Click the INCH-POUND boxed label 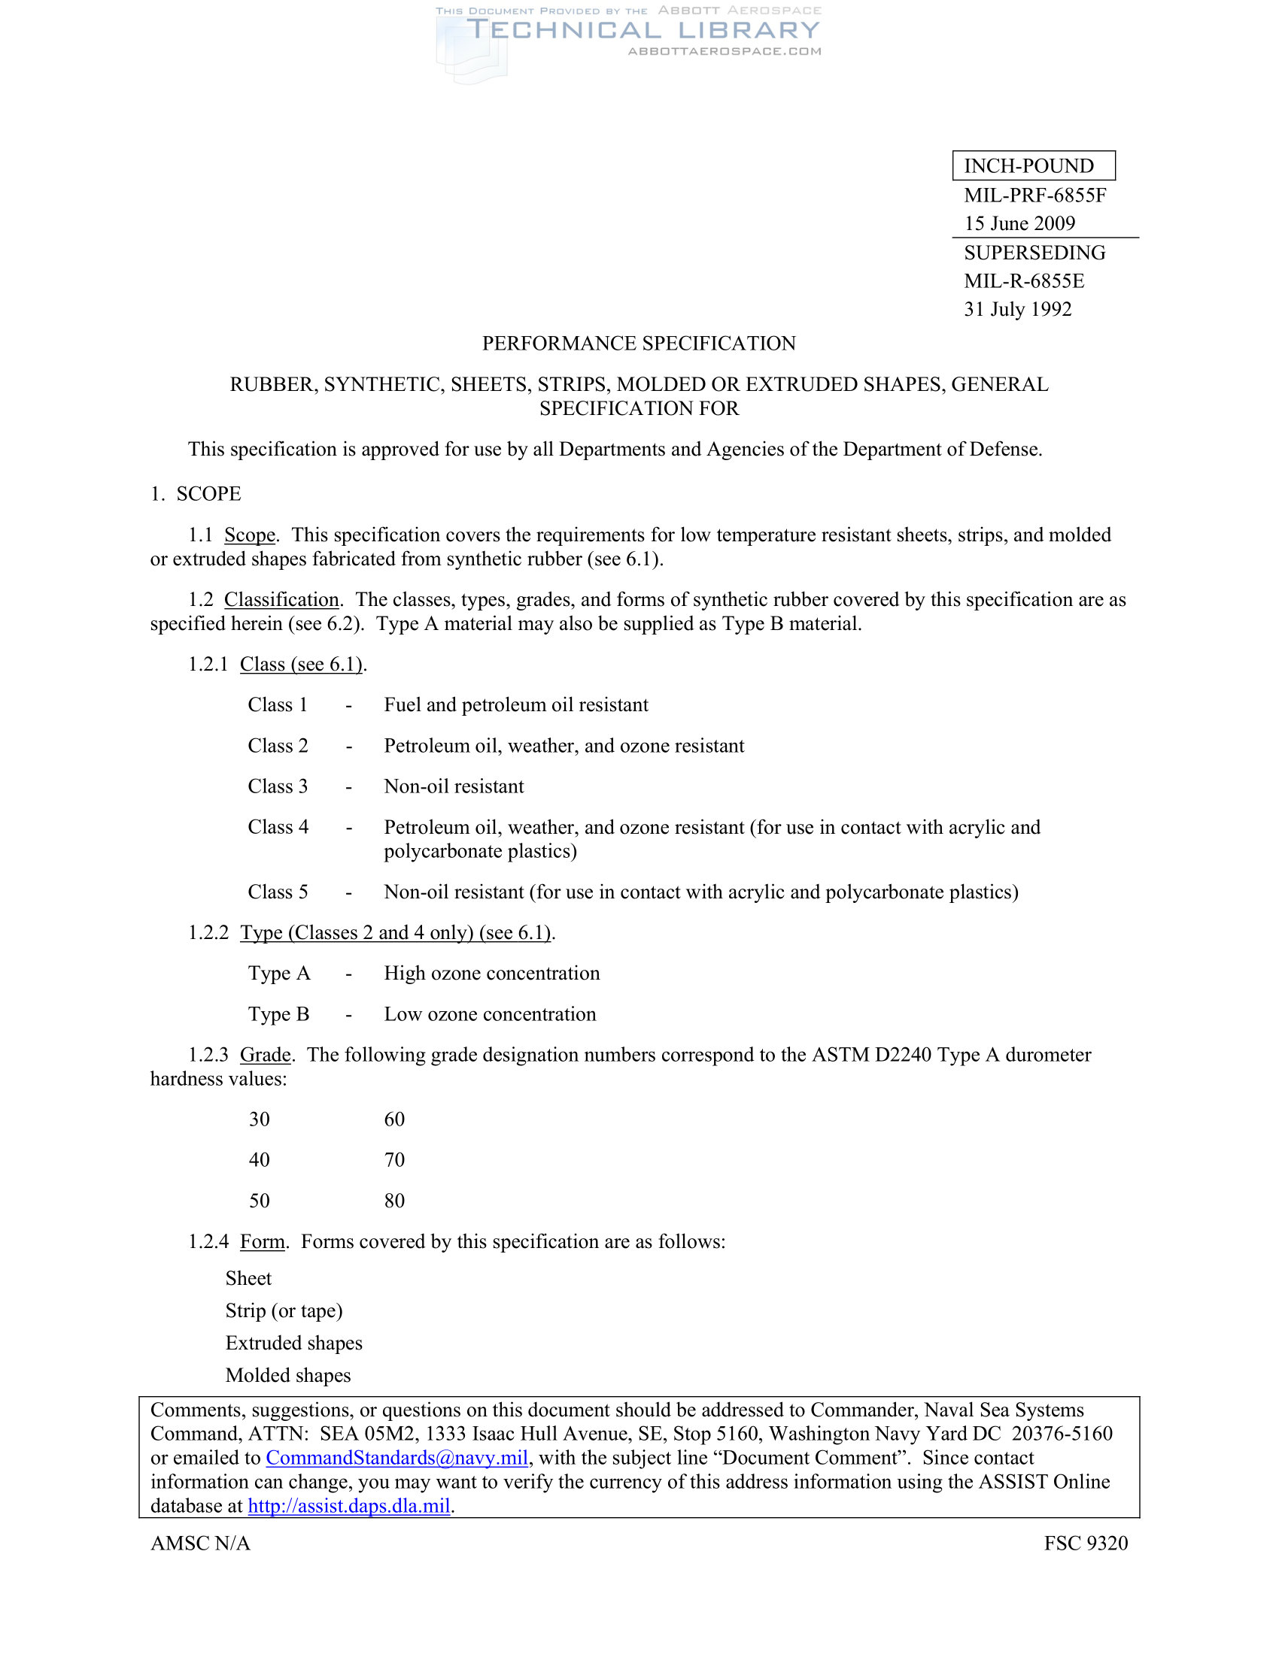tap(1033, 166)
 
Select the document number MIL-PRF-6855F tap(1034, 195)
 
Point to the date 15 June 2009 tap(1019, 223)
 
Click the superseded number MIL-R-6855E tap(1024, 281)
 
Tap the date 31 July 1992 tap(1018, 309)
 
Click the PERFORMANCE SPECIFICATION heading tap(639, 344)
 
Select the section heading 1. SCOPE tap(196, 494)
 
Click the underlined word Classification tap(281, 600)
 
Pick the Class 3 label tap(278, 786)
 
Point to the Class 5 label tap(278, 892)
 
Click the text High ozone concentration tap(491, 973)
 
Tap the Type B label tap(278, 1014)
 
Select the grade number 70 tap(394, 1160)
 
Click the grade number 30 tap(259, 1119)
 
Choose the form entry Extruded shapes tap(293, 1343)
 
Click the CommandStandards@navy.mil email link tap(396, 1458)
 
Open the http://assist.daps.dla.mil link tap(348, 1506)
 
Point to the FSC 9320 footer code tap(1085, 1543)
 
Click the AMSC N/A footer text tap(200, 1543)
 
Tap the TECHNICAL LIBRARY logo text tap(643, 30)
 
